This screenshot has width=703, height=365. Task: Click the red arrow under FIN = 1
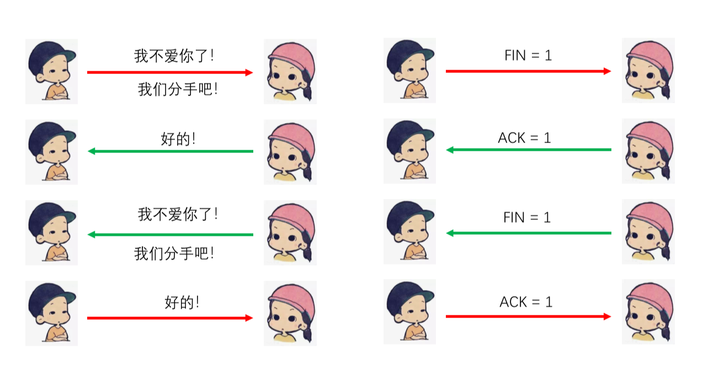point(528,71)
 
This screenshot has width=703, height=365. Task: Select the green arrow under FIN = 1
point(529,233)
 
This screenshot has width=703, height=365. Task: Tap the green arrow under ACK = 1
point(529,150)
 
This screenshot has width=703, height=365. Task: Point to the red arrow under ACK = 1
point(528,316)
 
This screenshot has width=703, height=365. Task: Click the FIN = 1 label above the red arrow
point(528,55)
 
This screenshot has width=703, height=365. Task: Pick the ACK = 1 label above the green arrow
point(524,137)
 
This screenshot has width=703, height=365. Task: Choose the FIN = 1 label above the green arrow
point(527,218)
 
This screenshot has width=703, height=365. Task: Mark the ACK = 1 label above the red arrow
point(526,302)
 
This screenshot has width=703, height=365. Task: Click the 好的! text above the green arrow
point(178,139)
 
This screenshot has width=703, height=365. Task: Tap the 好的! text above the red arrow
point(182,302)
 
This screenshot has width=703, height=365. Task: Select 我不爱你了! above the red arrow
point(174,56)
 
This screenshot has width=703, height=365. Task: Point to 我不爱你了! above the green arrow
point(178,214)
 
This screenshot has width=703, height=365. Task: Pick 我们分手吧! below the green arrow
point(174,253)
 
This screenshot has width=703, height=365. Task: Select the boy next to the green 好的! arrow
point(51,152)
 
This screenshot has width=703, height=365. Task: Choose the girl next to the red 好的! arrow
point(290,313)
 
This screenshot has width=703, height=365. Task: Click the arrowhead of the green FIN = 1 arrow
point(450,233)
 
